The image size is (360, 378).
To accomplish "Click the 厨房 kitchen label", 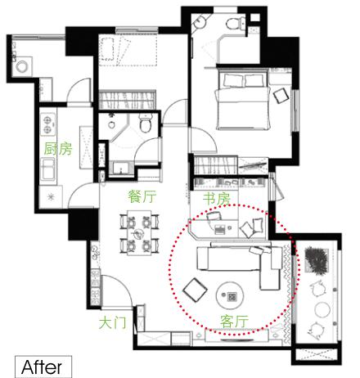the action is pos(58,149).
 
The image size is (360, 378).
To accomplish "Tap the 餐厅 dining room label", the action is pos(142,196).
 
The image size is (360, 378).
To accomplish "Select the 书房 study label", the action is pos(217,199).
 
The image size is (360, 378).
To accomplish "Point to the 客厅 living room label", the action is pos(234,321).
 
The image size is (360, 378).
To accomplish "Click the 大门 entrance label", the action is pos(113,322).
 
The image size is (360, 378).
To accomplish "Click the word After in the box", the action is pos(42,367).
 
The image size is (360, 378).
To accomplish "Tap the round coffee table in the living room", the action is pos(230,295).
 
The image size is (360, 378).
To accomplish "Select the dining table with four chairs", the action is pos(139,232).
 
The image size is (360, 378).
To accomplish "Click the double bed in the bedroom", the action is pos(244,101).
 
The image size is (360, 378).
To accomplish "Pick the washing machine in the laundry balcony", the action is pos(22,66).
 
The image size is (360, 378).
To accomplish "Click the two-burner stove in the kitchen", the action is pos(48,124).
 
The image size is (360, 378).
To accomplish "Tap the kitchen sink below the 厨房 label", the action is pos(48,169).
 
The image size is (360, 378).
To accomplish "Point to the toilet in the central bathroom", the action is pos(145,123).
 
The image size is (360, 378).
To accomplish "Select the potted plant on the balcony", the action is pos(317,260).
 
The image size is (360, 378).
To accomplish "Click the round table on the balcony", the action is pos(322,309).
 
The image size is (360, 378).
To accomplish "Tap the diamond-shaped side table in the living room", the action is pos(195,290).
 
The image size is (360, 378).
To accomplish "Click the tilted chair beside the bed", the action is pos(281,95).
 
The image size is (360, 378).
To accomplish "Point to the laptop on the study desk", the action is pos(220,230).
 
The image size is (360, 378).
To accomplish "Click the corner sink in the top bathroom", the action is pos(200,21).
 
